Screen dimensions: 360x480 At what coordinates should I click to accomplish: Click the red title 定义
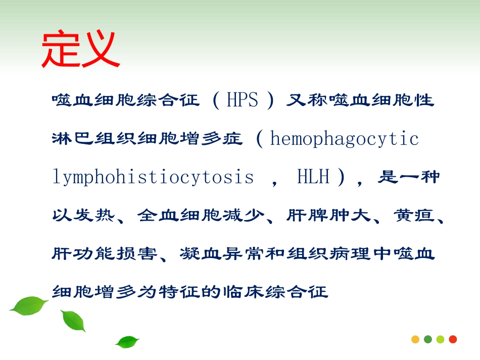pyautogui.click(x=80, y=50)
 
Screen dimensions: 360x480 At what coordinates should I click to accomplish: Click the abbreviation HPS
pyautogui.click(x=242, y=100)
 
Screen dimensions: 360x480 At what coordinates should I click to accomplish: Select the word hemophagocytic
pyautogui.click(x=345, y=138)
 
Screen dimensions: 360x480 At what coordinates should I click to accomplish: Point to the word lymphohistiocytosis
pyautogui.click(x=153, y=177)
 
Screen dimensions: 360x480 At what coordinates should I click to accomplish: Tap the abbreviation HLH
pyautogui.click(x=313, y=177)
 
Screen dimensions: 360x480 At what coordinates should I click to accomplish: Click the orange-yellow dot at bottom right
pyautogui.click(x=415, y=339)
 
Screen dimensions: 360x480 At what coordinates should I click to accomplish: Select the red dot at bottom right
pyautogui.click(x=453, y=339)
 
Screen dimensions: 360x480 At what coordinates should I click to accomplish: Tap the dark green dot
pyautogui.click(x=428, y=339)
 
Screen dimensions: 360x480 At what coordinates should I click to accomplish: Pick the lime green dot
pyautogui.click(x=440, y=339)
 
